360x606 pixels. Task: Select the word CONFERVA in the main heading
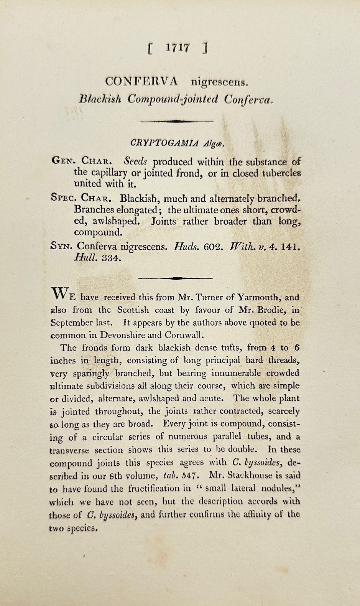click(x=142, y=81)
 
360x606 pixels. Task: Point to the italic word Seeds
click(x=136, y=162)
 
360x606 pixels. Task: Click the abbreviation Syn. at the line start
click(x=61, y=246)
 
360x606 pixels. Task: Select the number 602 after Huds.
click(x=213, y=246)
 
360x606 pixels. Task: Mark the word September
click(x=72, y=323)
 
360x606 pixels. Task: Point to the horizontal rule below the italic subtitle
click(x=176, y=121)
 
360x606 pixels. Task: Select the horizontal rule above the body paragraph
click(x=175, y=278)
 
